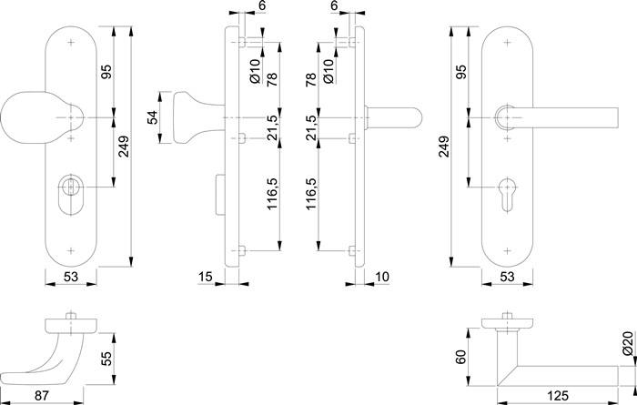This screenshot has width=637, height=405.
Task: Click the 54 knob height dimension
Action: [x=153, y=116]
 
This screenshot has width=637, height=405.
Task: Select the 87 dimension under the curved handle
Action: [x=43, y=394]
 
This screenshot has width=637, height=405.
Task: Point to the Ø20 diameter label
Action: [x=628, y=343]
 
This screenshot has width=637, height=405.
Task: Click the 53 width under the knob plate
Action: [x=71, y=277]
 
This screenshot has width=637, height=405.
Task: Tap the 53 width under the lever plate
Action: [x=508, y=277]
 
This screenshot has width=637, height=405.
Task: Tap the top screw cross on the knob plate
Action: [x=71, y=42]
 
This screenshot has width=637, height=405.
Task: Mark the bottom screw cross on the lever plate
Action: [x=507, y=247]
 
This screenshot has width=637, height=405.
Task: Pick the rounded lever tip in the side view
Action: [x=411, y=117]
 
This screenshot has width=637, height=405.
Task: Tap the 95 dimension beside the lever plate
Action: [x=461, y=71]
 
